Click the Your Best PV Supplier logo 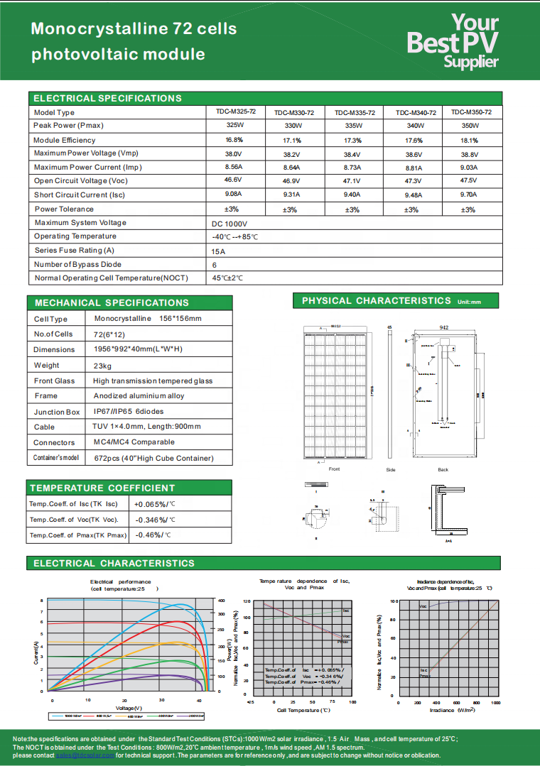pos(453,41)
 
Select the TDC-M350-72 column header pos(471,112)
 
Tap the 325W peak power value pos(234,125)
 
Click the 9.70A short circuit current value pos(468,194)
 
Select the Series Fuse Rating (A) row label pos(74,251)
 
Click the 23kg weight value pos(103,366)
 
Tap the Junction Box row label pos(57,412)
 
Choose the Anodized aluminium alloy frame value pos(139,396)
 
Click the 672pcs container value pos(153,458)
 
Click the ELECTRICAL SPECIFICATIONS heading pos(108,98)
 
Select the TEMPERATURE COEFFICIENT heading pos(102,488)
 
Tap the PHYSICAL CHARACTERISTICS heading pos(377,301)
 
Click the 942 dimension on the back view pos(443,328)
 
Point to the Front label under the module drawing pos(335,469)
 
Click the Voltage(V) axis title pos(129,708)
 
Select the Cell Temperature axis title pos(303,710)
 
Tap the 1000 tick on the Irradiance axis pos(495,701)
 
